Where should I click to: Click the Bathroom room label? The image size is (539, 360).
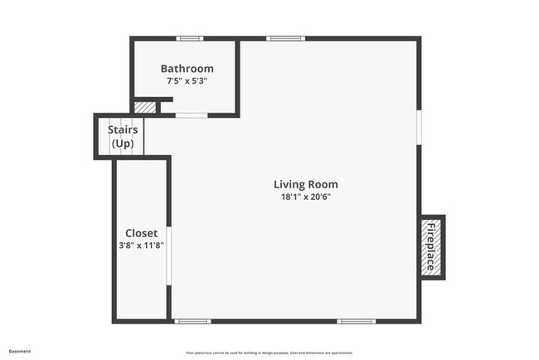pyautogui.click(x=187, y=69)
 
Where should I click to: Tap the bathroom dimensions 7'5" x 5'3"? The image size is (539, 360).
pyautogui.click(x=187, y=81)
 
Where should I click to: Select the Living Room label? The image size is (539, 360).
pyautogui.click(x=306, y=184)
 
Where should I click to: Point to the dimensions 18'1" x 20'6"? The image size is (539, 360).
pyautogui.click(x=306, y=197)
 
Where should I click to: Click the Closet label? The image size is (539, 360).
pyautogui.click(x=141, y=233)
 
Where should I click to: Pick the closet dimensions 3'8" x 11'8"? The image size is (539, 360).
pyautogui.click(x=141, y=246)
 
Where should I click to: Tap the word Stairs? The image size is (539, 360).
pyautogui.click(x=123, y=129)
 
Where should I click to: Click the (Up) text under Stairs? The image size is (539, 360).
pyautogui.click(x=123, y=144)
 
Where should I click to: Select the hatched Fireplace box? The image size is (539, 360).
pyautogui.click(x=432, y=247)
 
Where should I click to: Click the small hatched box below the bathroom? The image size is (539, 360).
pyautogui.click(x=144, y=107)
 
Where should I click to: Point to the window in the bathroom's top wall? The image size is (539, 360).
pyautogui.click(x=190, y=38)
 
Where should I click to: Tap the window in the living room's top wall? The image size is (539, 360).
pyautogui.click(x=285, y=38)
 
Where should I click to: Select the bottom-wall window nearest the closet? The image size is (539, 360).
pyautogui.click(x=192, y=321)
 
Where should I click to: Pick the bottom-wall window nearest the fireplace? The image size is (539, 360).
pyautogui.click(x=356, y=321)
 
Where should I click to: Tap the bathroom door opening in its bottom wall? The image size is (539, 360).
pyautogui.click(x=191, y=115)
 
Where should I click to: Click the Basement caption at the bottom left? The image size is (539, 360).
pyautogui.click(x=20, y=351)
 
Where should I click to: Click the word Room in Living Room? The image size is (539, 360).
pyautogui.click(x=324, y=184)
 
